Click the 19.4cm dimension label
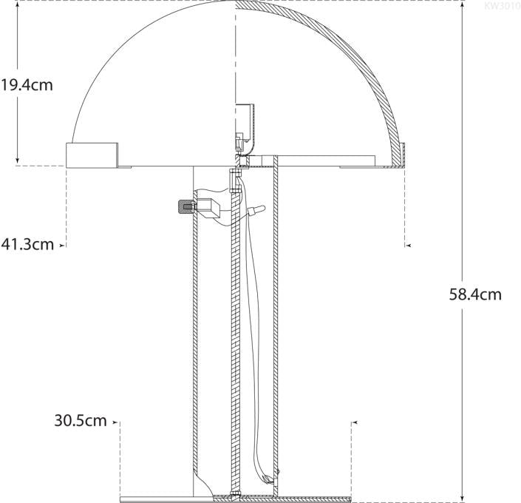27,84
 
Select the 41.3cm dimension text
27,244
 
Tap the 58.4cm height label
475,294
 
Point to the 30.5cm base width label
81,421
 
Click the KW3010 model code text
503,6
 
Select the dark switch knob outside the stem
181,206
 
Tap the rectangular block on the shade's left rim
93,155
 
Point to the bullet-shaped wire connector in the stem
255,211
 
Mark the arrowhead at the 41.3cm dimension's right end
407,244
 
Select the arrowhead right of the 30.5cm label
116,422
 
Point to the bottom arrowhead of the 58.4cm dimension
463,496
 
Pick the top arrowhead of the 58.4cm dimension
463,4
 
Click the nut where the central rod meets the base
236,493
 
